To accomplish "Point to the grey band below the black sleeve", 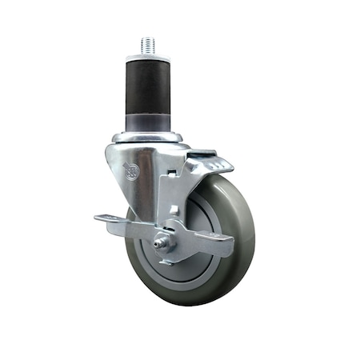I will (x=149, y=125).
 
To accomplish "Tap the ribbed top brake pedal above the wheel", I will (x=211, y=165).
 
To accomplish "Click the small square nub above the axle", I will (x=173, y=210).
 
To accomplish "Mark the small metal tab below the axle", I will (x=168, y=258).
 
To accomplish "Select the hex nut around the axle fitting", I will (x=166, y=242).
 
